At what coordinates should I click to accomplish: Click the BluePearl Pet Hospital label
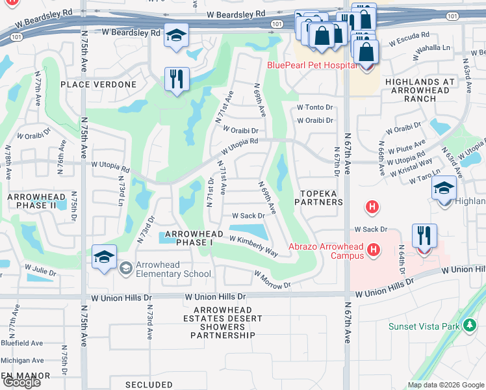[312, 65]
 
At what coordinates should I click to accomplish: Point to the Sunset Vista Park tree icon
[470, 326]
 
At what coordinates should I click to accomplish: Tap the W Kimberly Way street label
[253, 246]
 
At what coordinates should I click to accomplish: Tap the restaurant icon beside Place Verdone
[176, 79]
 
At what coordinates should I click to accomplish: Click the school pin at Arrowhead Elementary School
[105, 256]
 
